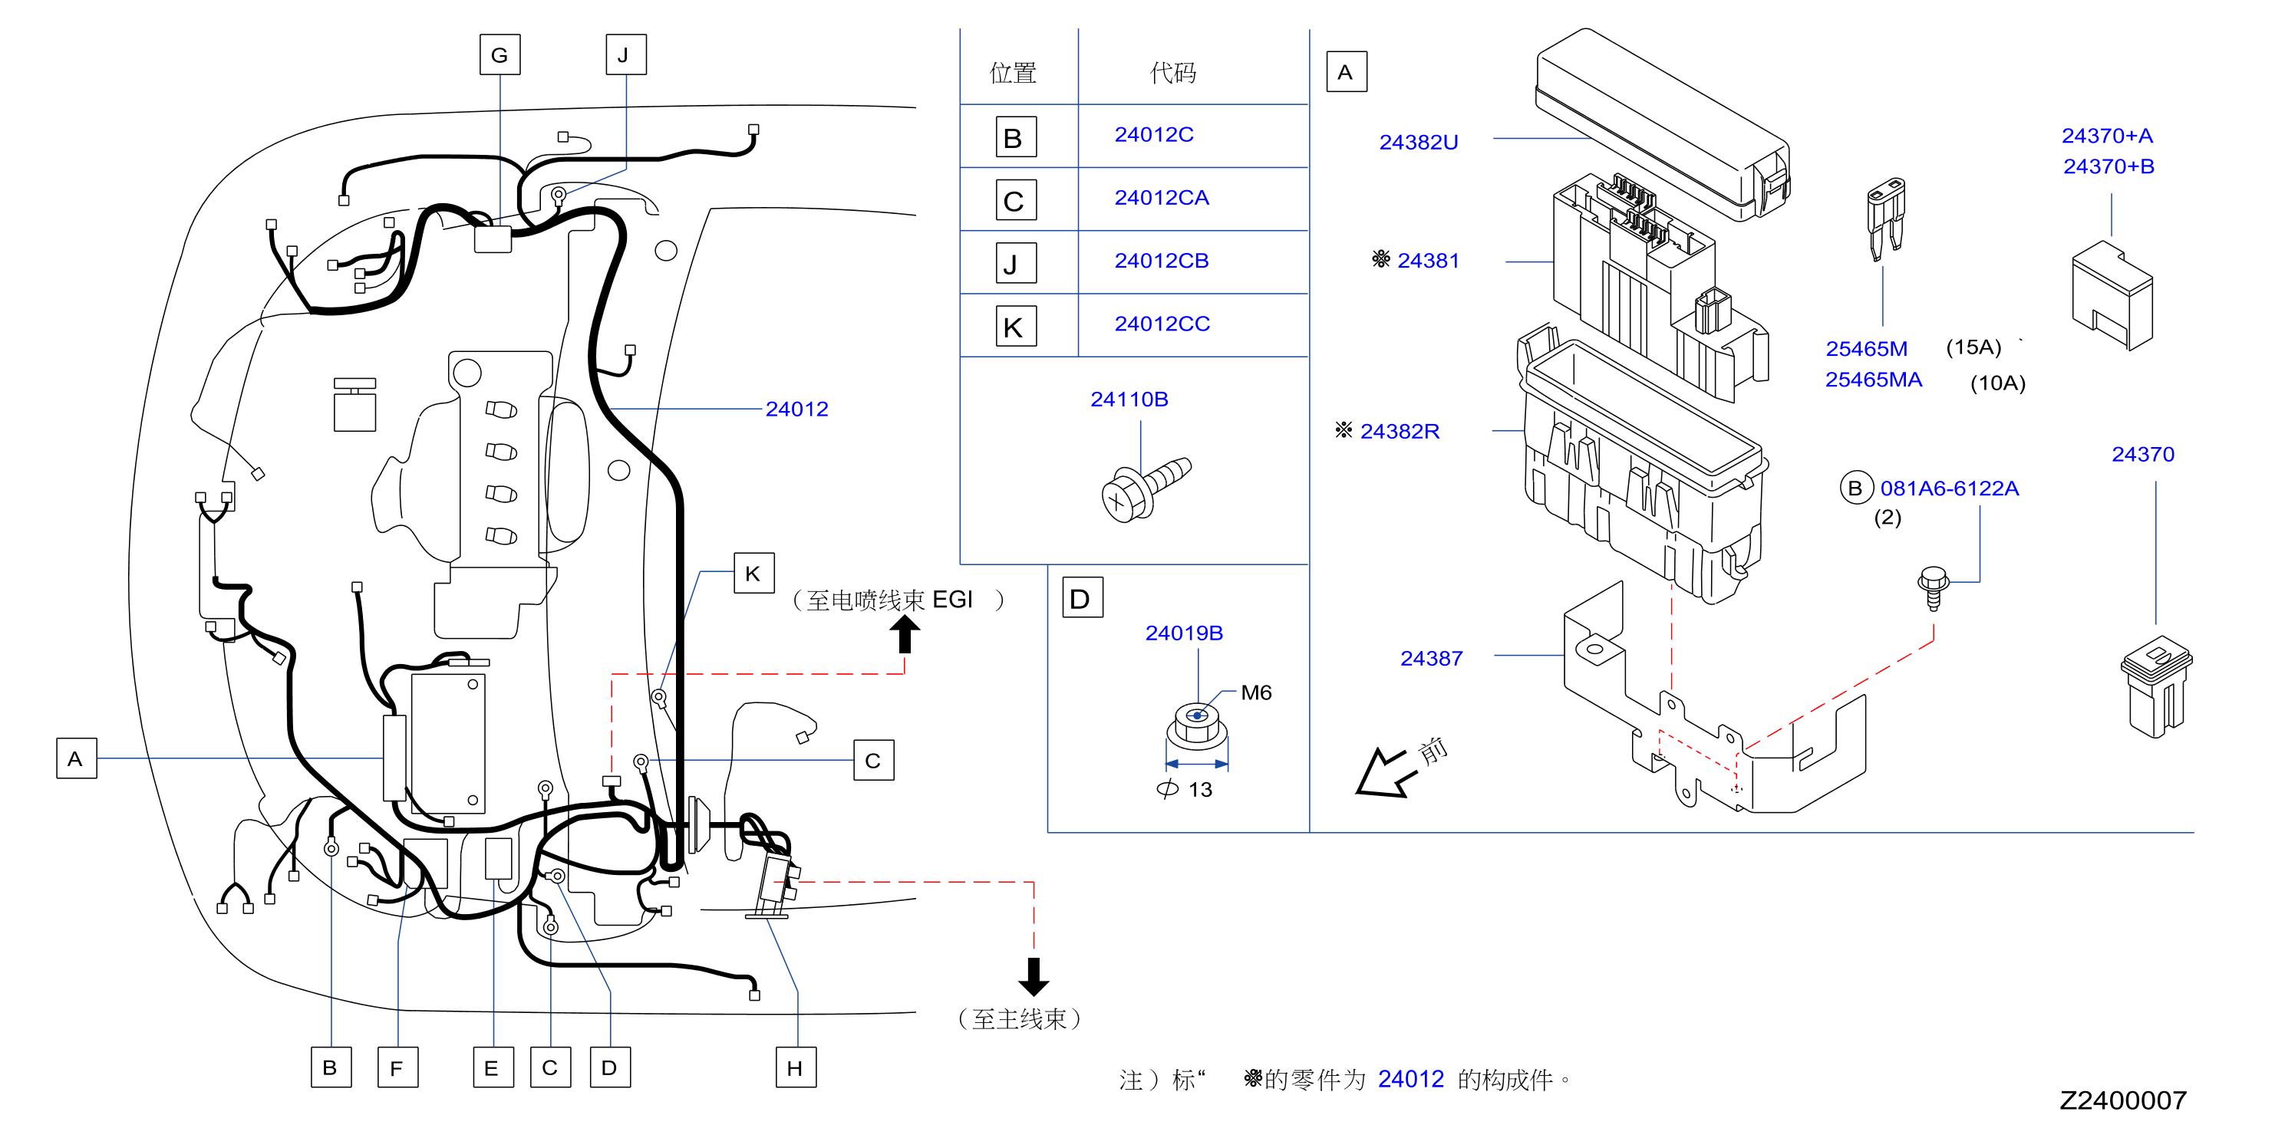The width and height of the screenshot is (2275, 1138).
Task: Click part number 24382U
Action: tap(1419, 142)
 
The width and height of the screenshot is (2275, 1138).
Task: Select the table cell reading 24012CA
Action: tap(1162, 198)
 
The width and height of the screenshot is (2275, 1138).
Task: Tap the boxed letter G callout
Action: tap(500, 54)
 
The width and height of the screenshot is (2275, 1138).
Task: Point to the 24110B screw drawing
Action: tap(1146, 489)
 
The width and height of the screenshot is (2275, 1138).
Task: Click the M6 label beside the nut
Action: tap(1256, 693)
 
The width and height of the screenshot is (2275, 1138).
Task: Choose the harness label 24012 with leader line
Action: tap(796, 409)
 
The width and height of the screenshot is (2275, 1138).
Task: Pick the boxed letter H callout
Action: tap(796, 1067)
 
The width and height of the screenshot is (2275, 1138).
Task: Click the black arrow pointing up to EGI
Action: tap(905, 633)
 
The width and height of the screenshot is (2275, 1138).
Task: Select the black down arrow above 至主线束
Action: tap(1034, 976)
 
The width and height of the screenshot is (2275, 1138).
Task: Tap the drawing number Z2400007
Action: tap(2122, 1101)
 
